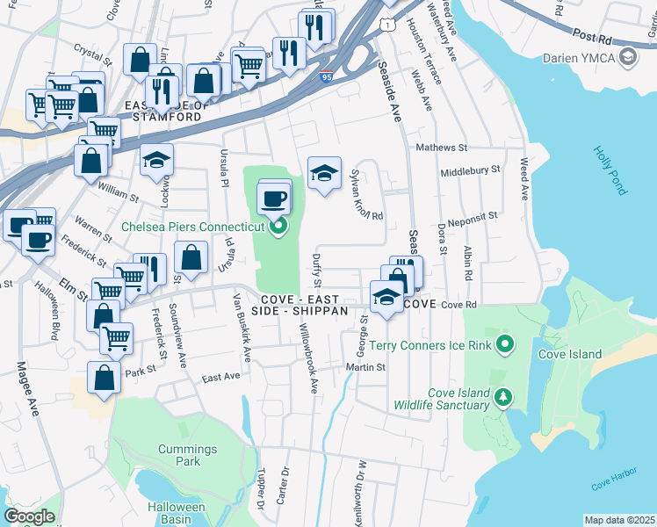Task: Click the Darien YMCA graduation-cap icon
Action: (628, 58)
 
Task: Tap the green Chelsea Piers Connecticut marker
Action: (278, 227)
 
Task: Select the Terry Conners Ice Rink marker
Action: (504, 344)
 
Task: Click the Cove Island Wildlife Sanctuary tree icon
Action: (502, 399)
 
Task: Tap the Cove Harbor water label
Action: (612, 484)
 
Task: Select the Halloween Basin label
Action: (176, 513)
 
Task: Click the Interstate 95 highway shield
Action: (327, 76)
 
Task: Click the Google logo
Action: (29, 516)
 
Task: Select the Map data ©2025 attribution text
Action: (619, 520)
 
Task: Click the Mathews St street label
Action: (442, 148)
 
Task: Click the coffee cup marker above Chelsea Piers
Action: (275, 198)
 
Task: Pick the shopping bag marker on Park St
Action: (104, 378)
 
